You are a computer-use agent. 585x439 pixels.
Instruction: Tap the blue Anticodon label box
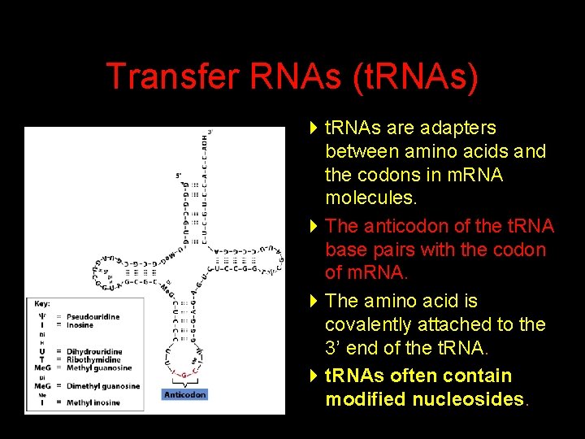click(185, 394)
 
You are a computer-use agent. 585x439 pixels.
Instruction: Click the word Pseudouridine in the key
click(93, 316)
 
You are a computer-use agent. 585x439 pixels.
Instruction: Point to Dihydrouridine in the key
click(93, 351)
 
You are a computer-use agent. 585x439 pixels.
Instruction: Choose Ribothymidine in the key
click(93, 360)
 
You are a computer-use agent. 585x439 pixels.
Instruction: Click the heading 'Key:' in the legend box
click(42, 304)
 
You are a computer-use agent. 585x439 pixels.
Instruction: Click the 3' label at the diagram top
click(210, 132)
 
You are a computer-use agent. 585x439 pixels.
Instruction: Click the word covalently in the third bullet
click(364, 324)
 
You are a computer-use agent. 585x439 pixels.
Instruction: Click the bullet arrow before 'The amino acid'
click(314, 301)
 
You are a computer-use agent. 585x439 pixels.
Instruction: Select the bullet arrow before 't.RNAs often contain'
click(314, 376)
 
